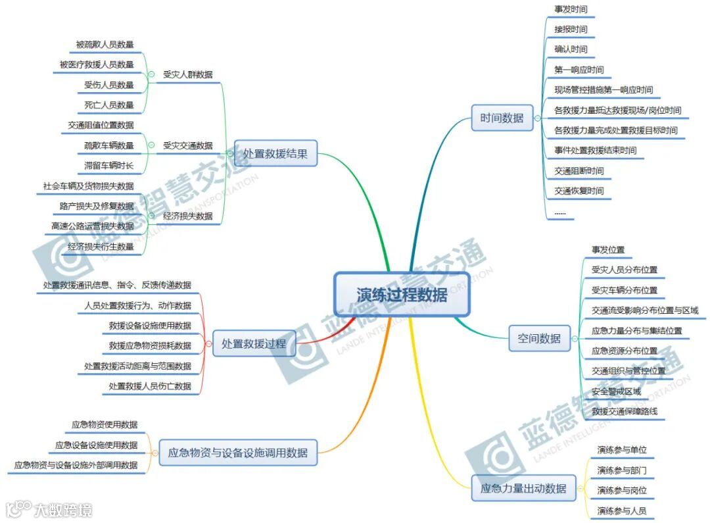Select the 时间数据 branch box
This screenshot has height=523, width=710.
tap(502, 118)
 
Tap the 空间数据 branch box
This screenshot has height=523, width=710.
tap(538, 338)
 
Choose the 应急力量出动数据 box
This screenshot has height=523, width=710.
tap(523, 488)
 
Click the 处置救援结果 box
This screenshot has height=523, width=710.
tap(275, 153)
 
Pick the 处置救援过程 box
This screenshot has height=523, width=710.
tap(254, 343)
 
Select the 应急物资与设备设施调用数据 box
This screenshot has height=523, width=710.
tap(238, 453)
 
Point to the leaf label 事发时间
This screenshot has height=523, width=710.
tap(571, 9)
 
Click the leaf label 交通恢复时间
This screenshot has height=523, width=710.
tap(579, 191)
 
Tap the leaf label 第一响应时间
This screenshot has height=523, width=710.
tap(579, 70)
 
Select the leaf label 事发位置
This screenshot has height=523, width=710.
tap(608, 249)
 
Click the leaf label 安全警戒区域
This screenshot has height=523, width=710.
tap(616, 391)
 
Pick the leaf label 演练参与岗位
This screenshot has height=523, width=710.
tap(622, 490)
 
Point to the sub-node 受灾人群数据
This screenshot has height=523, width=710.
tap(188, 74)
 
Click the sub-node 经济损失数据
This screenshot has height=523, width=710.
tap(188, 216)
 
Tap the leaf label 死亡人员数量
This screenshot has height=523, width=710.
tap(109, 105)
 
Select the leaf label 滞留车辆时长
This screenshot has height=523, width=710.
tap(109, 165)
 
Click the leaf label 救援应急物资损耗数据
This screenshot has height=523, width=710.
tap(151, 345)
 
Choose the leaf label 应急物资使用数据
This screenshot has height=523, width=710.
tap(105, 424)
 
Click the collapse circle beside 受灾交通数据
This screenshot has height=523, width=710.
tap(151, 145)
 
